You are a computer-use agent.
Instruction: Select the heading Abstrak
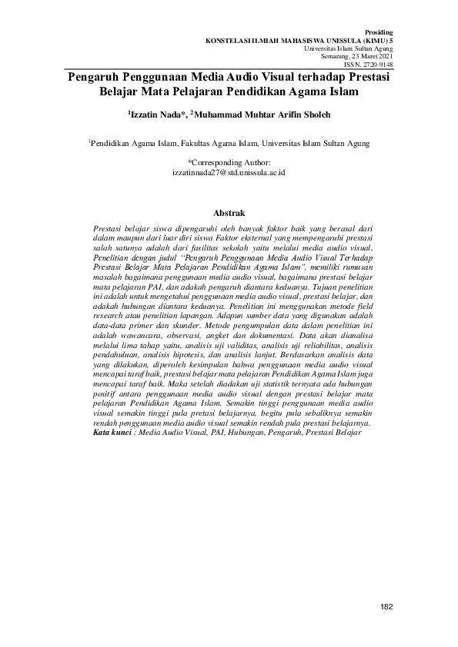click(229, 212)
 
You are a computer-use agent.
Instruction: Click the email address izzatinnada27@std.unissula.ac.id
click(229, 174)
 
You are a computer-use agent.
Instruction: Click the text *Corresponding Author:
click(229, 163)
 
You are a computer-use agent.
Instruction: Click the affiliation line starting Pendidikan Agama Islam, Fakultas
click(229, 143)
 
